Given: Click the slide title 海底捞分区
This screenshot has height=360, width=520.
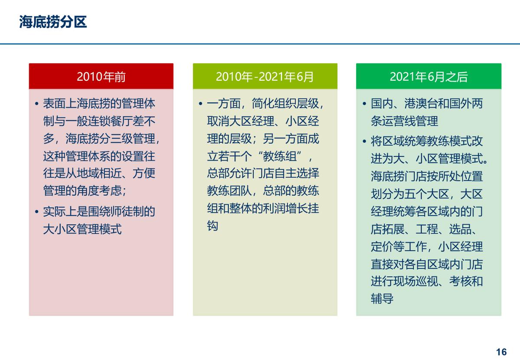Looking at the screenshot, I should click(53, 22).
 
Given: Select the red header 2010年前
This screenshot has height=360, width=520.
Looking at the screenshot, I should click(101, 77).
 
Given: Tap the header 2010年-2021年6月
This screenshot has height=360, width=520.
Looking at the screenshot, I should click(265, 77).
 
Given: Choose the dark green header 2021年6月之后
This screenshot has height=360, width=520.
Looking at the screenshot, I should click(429, 77).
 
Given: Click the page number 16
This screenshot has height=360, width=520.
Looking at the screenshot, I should click(501, 351).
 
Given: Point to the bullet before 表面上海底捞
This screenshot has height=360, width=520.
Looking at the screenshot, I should click(36, 104).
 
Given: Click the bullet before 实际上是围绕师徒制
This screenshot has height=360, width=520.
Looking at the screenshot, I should click(36, 212).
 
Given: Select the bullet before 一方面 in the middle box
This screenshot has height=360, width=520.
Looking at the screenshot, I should click(200, 104).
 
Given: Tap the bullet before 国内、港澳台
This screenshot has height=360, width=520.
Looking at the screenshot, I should click(364, 104).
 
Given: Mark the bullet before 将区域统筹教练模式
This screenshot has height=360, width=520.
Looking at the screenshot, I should click(364, 142).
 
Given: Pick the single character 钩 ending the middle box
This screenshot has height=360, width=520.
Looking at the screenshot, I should click(212, 226).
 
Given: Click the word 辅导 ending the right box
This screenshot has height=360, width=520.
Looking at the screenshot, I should click(382, 299).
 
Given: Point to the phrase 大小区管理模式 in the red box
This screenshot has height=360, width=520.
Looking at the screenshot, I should click(82, 229).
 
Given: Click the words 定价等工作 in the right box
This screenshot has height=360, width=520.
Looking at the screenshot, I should click(399, 247).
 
